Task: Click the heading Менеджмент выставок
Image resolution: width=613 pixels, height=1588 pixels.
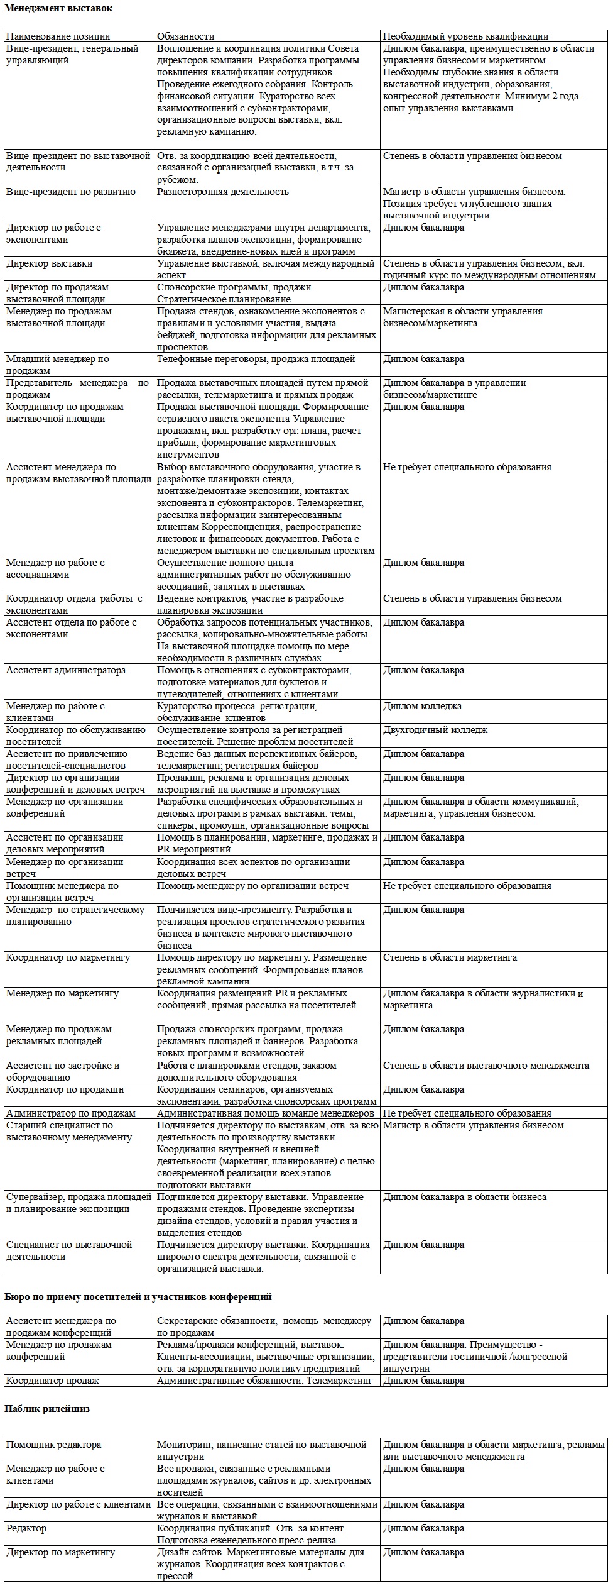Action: tap(59, 8)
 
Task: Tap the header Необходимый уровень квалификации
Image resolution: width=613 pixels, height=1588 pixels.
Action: tap(465, 36)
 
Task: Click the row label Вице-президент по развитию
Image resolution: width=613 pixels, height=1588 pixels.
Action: tap(71, 192)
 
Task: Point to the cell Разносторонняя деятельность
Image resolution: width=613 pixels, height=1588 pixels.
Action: tap(222, 192)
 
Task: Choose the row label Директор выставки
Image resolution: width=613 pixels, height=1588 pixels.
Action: tap(50, 263)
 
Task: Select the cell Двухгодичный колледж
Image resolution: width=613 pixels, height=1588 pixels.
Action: tap(435, 730)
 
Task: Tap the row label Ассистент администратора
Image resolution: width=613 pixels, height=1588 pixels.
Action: tap(66, 670)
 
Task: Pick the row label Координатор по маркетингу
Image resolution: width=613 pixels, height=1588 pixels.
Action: tap(68, 957)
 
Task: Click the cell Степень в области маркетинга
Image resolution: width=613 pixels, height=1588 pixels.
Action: tap(450, 957)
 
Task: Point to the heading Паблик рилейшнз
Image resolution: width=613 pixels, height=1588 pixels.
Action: tap(47, 1409)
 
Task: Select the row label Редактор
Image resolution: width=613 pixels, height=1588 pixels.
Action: tap(26, 1528)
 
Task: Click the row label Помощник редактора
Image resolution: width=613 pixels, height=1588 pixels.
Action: tap(53, 1445)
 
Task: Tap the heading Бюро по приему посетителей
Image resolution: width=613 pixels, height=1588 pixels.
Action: tap(138, 1296)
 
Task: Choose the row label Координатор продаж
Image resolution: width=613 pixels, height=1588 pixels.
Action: tap(53, 1381)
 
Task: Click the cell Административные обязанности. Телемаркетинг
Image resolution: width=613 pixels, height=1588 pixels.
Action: tap(264, 1381)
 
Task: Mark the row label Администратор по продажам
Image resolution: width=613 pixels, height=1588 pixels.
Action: tap(71, 1113)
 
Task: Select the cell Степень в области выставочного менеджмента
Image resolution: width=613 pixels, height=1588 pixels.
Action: tap(486, 1066)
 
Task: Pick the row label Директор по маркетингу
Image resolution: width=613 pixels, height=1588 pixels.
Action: tap(61, 1552)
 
